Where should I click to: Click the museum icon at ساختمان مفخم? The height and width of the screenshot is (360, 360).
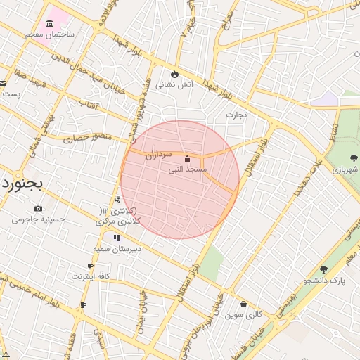(49, 23)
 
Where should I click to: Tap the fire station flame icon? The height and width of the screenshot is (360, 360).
(174, 74)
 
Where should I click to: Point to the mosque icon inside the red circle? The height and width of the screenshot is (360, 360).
(186, 159)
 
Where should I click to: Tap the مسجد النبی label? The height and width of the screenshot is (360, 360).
(187, 169)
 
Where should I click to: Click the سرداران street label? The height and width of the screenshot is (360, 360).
(158, 156)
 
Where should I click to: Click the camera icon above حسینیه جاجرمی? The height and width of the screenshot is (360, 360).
(38, 208)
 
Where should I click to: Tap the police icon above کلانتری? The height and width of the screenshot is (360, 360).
(117, 200)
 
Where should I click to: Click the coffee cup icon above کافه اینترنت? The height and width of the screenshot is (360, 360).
(90, 266)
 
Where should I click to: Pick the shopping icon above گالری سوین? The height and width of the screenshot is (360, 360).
(243, 304)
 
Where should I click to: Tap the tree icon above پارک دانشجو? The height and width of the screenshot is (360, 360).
(323, 269)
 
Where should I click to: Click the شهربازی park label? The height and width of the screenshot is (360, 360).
(345, 170)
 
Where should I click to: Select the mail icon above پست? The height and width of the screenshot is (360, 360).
(3, 84)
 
